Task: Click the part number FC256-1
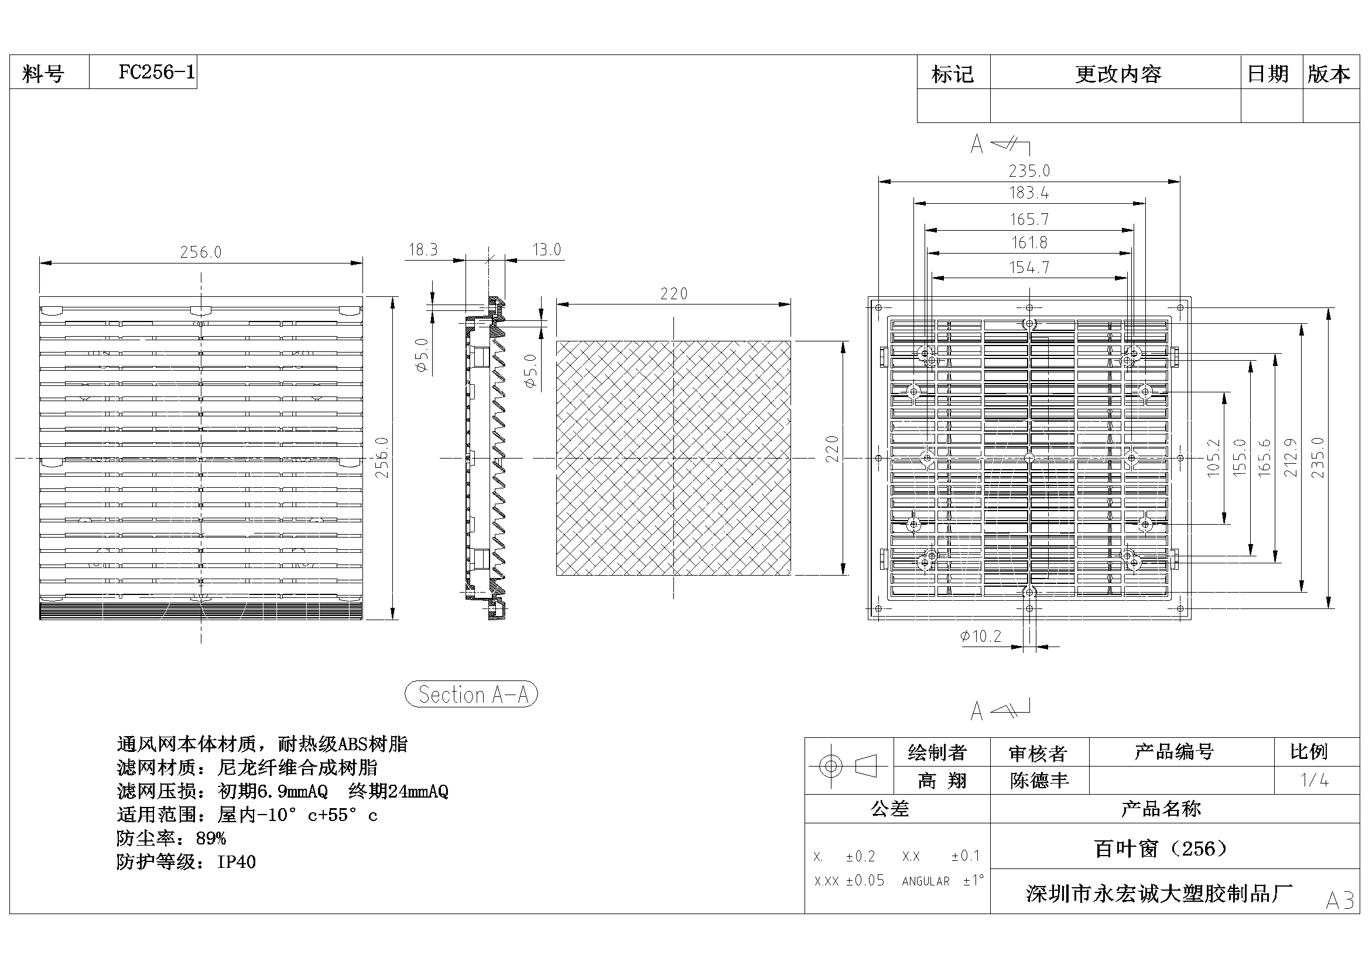tap(156, 72)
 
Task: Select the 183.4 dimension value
tap(1029, 193)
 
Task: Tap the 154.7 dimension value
tap(1029, 267)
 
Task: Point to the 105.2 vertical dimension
tap(1213, 457)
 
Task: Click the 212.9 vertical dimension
tap(1290, 457)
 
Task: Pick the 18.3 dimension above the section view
tap(423, 249)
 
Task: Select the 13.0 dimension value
tap(547, 249)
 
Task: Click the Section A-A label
tap(471, 695)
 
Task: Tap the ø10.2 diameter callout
tap(980, 637)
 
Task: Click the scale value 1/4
tap(1314, 780)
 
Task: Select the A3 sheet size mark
tap(1340, 901)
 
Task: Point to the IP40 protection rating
tap(236, 862)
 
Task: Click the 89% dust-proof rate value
tap(210, 839)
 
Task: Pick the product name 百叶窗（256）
tap(1161, 848)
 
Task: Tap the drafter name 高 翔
tap(942, 781)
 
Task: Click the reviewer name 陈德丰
tap(1039, 781)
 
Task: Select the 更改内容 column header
tap(1118, 74)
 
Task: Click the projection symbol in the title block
tap(848, 766)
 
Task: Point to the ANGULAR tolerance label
tap(925, 881)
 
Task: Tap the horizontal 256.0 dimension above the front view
tap(200, 252)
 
